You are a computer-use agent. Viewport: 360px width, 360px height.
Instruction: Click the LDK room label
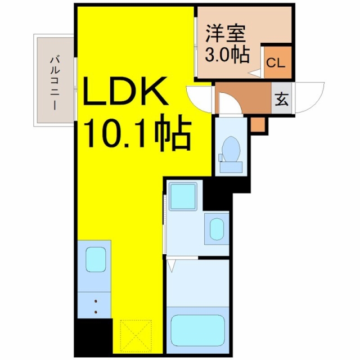[125, 91]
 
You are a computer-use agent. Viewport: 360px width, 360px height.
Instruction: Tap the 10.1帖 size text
[138, 133]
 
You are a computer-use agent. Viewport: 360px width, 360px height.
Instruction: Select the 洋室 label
[226, 34]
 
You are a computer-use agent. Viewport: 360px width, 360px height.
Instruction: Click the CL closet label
[276, 62]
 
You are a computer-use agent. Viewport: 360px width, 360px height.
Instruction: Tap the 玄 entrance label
[282, 99]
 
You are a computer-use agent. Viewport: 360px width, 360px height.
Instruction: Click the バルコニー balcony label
[55, 84]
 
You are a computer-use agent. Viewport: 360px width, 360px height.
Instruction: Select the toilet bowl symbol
[231, 149]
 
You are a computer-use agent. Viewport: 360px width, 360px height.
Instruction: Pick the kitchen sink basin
[96, 259]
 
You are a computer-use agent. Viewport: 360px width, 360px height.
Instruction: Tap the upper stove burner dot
[96, 301]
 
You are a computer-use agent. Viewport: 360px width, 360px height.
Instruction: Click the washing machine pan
[183, 196]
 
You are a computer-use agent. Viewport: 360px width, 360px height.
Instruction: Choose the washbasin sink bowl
[217, 229]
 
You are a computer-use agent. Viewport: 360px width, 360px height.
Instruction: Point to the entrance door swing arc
[309, 97]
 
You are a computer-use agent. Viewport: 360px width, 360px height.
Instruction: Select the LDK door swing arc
[199, 99]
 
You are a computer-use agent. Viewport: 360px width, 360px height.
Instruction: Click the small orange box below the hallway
[258, 124]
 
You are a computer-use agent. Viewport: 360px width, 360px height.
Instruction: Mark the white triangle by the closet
[255, 73]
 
